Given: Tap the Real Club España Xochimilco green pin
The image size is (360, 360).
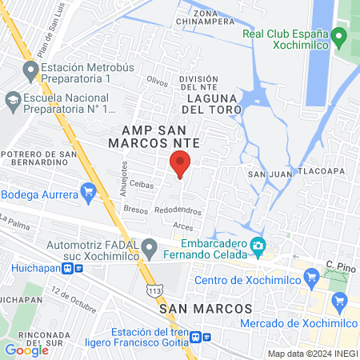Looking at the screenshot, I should click(x=338, y=36).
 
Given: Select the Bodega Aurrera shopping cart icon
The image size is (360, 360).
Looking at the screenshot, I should click(x=88, y=192).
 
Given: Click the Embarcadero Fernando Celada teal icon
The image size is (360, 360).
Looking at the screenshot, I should click(x=258, y=246).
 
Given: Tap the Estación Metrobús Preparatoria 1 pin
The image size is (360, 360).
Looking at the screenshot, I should click(x=31, y=73).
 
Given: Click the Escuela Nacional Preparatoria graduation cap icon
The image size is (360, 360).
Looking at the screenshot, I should click(x=13, y=102).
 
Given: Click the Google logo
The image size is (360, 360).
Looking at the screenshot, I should click(x=26, y=350).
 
